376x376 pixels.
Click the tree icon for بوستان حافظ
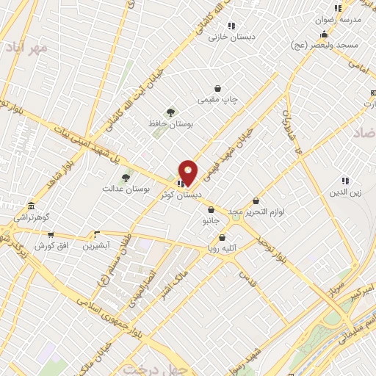point(171,112)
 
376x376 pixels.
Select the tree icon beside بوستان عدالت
point(126,177)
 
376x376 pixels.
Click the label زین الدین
point(345,192)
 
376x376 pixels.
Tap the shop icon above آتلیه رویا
point(223,237)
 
